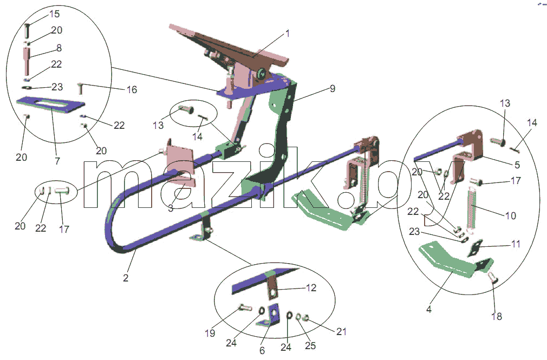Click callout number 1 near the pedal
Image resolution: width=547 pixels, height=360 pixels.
tap(288, 34)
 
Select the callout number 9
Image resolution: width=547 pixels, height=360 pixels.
tap(333, 89)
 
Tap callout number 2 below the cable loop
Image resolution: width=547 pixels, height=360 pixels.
tap(126, 278)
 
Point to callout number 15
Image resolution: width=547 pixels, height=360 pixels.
tap(54, 14)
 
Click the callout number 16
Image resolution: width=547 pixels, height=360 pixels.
tap(132, 90)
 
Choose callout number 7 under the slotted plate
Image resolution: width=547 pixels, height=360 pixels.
tap(57, 161)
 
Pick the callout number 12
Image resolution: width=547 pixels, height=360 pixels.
tap(311, 288)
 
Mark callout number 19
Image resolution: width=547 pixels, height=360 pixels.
tap(210, 333)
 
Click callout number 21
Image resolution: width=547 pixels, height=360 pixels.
tap(341, 331)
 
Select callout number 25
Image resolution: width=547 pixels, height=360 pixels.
tap(310, 345)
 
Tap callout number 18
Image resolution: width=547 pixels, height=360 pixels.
tap(497, 316)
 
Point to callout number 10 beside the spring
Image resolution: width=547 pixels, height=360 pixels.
tap(510, 215)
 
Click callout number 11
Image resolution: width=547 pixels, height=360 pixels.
tap(516, 244)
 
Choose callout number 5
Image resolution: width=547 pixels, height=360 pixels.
tap(517, 165)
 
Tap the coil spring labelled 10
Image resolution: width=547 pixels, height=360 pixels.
tap(472, 210)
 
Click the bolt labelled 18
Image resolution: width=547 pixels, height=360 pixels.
tap(492, 277)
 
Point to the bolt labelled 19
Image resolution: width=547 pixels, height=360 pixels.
tap(245, 307)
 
